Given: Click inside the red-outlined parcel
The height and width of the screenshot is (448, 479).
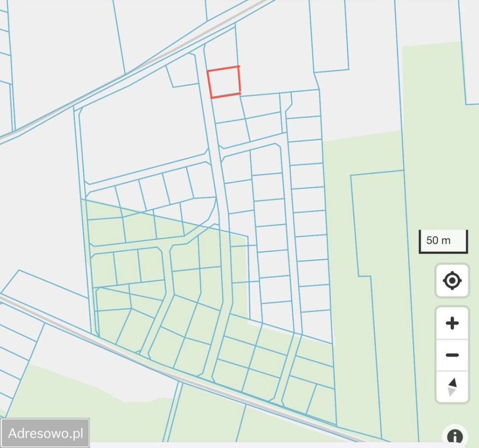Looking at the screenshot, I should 224,82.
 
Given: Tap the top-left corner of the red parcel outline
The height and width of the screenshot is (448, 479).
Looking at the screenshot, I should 208,71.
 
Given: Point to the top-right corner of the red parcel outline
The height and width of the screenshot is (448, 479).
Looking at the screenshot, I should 239,67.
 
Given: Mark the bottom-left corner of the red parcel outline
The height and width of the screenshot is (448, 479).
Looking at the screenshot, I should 212,98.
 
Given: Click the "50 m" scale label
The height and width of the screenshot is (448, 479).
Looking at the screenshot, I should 438,240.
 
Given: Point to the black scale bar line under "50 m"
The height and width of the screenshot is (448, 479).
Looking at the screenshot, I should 443,252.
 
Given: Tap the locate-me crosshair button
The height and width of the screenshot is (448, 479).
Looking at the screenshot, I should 452,280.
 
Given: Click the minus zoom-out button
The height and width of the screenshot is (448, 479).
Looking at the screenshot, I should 452,355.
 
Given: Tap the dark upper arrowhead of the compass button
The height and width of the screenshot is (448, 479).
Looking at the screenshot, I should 452,383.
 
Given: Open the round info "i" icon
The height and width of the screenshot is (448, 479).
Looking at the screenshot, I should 454,437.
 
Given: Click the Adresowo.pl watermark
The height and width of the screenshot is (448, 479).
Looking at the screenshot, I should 45,433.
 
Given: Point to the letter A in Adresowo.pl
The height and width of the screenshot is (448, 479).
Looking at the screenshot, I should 13,434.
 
